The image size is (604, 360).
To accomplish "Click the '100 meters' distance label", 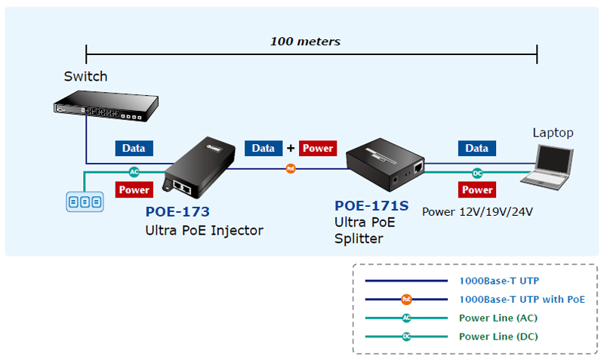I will pyautogui.click(x=305, y=42).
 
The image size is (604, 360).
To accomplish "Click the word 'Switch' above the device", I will pyautogui.click(x=85, y=76).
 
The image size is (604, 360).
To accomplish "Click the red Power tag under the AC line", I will pyautogui.click(x=134, y=190).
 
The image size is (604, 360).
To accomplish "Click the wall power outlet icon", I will pyautogui.click(x=84, y=202).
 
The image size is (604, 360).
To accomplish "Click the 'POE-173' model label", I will pyautogui.click(x=177, y=212).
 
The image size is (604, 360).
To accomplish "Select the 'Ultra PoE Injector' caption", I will pyautogui.click(x=204, y=230).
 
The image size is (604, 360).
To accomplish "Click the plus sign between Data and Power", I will pyautogui.click(x=290, y=149).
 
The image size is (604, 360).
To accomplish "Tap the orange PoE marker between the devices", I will pyautogui.click(x=291, y=168).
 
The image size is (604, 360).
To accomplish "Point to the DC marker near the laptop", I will pyautogui.click(x=476, y=173).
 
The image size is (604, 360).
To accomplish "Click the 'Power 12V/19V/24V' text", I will pyautogui.click(x=477, y=212).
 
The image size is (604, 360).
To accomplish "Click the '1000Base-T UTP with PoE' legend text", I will pyautogui.click(x=522, y=299).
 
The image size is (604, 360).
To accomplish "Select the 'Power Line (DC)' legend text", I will pyautogui.click(x=498, y=337).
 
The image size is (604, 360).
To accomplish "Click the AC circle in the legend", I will pyautogui.click(x=407, y=318).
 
